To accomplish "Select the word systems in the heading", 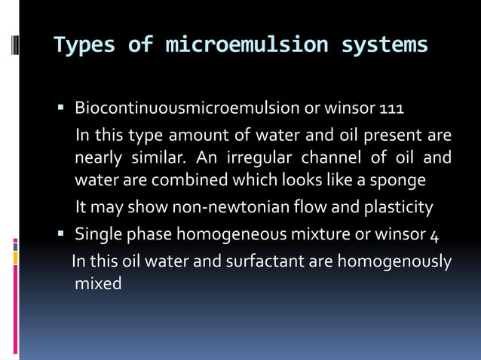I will coord(384,45).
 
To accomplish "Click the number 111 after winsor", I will coord(391,108).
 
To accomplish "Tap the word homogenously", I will coord(394,261).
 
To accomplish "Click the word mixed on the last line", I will coord(97,285).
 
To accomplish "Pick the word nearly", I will coord(96,158).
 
